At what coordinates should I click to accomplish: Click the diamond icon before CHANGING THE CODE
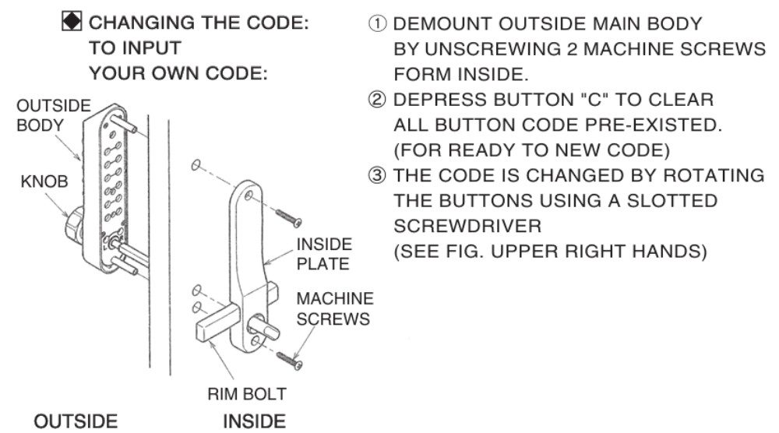(72, 22)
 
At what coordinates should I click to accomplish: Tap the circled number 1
(377, 23)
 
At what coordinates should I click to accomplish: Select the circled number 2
(377, 100)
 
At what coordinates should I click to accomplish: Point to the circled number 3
(377, 175)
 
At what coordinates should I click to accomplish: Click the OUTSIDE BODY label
(54, 115)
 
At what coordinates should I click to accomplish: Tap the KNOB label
(44, 181)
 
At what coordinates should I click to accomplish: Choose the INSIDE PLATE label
(324, 254)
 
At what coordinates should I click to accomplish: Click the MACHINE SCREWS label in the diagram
(335, 308)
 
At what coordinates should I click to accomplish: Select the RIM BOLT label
(247, 394)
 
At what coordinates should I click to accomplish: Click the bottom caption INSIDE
(255, 421)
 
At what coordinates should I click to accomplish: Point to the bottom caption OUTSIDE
(76, 421)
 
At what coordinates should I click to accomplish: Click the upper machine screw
(289, 217)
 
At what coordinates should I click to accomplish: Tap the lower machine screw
(290, 360)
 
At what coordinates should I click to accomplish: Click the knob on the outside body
(75, 226)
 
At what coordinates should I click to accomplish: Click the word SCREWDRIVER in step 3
(467, 226)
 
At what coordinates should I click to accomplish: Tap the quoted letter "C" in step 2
(594, 100)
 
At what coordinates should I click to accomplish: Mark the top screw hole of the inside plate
(249, 195)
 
